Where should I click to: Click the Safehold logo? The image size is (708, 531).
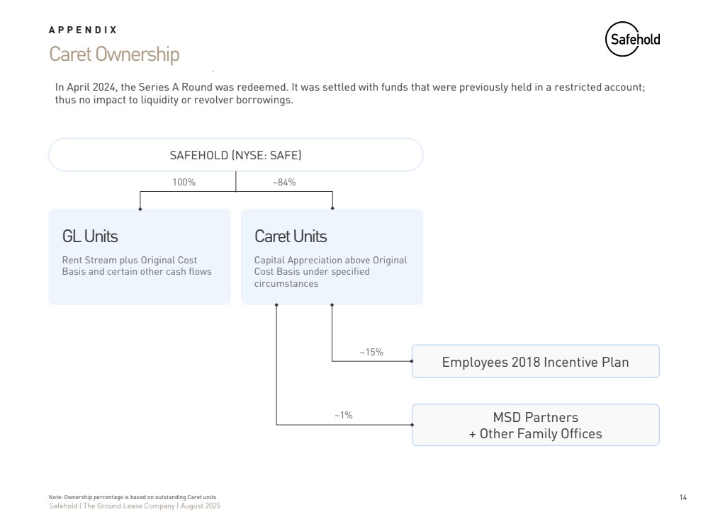coord(632,40)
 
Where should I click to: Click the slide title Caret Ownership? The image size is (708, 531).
coord(114,55)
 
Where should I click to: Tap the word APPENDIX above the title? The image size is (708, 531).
coord(83,30)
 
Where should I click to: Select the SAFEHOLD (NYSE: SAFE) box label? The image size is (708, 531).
coord(235,155)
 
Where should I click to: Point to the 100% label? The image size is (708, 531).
coord(184,182)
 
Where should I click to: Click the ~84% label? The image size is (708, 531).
coord(284,182)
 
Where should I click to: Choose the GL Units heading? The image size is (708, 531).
coord(90,236)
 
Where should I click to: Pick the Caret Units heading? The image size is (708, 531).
coord(291,236)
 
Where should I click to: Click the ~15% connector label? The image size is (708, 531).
coord(371,352)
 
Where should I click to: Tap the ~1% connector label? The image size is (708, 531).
coord(343,415)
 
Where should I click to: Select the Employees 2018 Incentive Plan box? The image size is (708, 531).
coord(535,362)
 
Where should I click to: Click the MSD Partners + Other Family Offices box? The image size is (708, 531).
coord(535,425)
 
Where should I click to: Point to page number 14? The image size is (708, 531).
coord(683,498)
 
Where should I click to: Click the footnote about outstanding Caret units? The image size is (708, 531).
coord(133,498)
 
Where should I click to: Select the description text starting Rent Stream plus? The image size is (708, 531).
coord(137,265)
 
